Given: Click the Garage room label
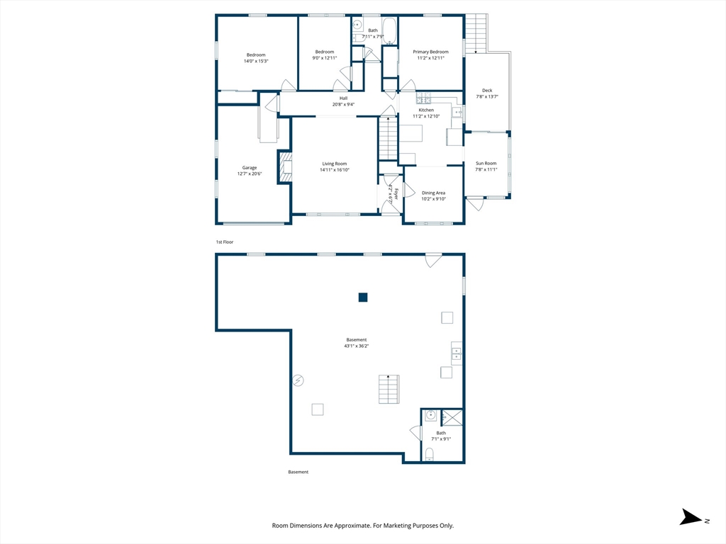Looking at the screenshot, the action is [x=250, y=168].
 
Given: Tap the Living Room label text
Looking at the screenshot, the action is [x=335, y=164].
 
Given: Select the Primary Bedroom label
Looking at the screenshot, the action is [x=430, y=52].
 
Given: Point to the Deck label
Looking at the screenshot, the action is [x=487, y=91].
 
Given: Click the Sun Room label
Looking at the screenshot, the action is [x=486, y=164].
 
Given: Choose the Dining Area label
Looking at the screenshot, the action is [x=433, y=193].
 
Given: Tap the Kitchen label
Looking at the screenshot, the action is [x=426, y=110].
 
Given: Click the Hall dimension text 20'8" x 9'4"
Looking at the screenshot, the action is [x=343, y=105].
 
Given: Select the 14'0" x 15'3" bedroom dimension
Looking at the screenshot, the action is [x=256, y=61].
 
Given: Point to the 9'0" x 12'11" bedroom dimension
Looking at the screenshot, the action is [x=325, y=58].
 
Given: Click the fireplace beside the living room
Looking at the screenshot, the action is [x=285, y=166].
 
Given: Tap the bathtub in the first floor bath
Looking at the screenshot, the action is [x=389, y=31].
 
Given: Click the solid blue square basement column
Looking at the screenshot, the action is [x=363, y=297].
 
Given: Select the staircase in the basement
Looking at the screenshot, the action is [x=389, y=389].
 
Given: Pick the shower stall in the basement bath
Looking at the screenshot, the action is [x=452, y=417].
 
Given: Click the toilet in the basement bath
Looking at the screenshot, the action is [x=429, y=454].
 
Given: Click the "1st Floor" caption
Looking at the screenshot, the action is [x=225, y=242].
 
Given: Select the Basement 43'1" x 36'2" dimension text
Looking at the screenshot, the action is [x=357, y=346].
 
